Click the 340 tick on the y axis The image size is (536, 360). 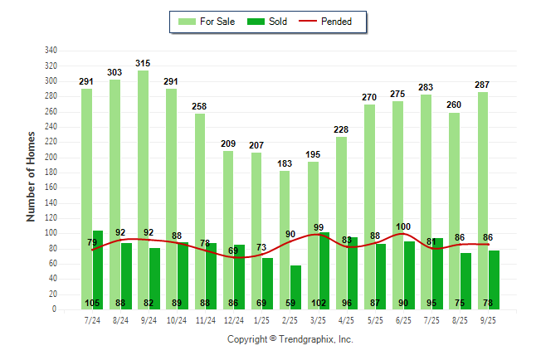(x=51, y=51)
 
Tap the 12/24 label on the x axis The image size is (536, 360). (x=233, y=319)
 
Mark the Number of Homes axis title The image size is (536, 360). (x=32, y=176)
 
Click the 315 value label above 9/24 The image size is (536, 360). (x=143, y=63)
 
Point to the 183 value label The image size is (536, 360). (x=285, y=163)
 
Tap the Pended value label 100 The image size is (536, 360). (x=403, y=226)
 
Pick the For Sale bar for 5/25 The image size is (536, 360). (x=369, y=207)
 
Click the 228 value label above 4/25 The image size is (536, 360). (x=341, y=129)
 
